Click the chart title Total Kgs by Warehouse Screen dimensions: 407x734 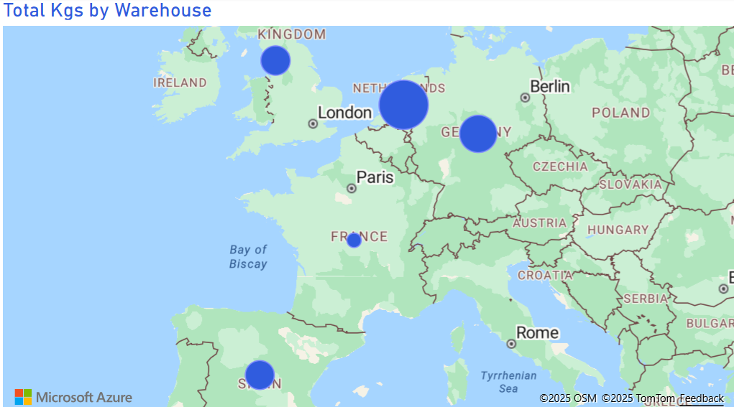[108, 11]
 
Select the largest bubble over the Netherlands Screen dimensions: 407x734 [403, 106]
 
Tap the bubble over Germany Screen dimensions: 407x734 [478, 134]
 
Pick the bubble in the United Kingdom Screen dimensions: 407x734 [275, 61]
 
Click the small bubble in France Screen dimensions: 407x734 [354, 240]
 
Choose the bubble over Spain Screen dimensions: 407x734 [260, 375]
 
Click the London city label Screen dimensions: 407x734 [345, 113]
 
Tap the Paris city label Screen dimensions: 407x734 [375, 177]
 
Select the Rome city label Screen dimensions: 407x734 [537, 332]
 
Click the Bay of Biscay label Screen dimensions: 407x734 [248, 257]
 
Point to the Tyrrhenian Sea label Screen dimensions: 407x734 [508, 382]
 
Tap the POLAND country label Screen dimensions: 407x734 [620, 113]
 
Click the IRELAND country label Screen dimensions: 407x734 [180, 83]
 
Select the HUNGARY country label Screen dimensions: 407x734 [618, 230]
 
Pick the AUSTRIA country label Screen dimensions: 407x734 [539, 223]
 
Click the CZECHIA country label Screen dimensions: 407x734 [560, 167]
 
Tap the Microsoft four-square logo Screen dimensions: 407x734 [23, 397]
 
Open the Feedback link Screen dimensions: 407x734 [702, 398]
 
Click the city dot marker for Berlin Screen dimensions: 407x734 [526, 98]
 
